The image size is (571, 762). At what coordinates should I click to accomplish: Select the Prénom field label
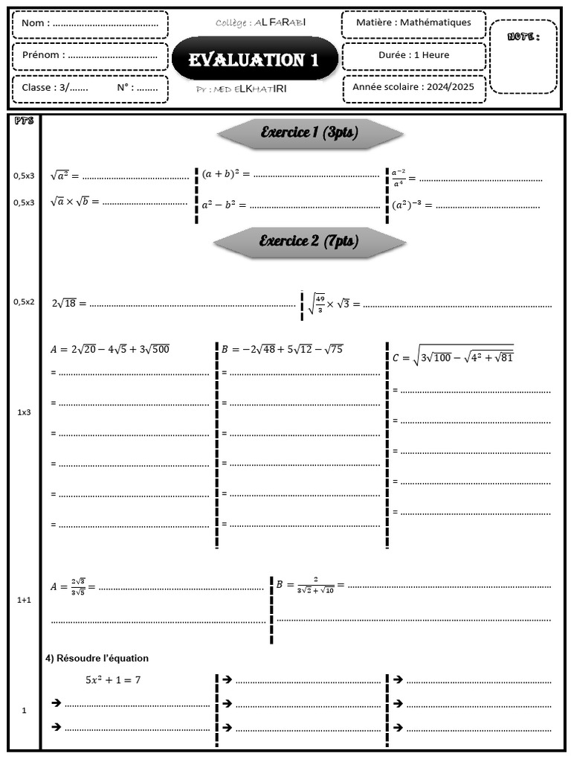42,55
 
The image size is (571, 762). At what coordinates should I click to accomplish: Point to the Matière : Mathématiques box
413,23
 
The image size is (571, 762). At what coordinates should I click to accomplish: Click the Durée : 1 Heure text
413,55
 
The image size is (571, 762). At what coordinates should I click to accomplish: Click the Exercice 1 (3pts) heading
309,133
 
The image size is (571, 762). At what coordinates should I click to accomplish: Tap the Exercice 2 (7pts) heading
309,241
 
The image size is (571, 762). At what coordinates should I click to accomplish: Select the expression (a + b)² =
225,174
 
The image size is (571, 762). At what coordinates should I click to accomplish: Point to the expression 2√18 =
69,304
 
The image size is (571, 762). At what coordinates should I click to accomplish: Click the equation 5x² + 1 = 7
113,679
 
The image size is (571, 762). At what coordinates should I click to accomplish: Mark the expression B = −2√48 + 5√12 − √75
282,349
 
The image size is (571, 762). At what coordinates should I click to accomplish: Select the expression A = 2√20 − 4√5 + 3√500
109,349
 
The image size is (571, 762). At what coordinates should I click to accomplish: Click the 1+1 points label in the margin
24,600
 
